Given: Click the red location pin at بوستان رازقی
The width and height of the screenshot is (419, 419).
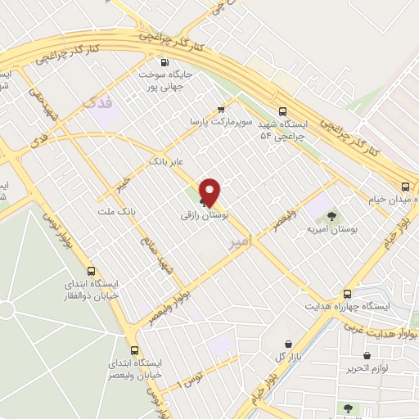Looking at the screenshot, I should [x=210, y=192].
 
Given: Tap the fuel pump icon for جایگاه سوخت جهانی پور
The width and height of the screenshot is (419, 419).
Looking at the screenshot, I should [x=165, y=62].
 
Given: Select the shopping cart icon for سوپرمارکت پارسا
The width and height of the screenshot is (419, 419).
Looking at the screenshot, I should [x=221, y=109].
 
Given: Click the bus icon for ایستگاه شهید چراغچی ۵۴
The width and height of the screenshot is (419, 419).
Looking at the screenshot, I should [x=283, y=112].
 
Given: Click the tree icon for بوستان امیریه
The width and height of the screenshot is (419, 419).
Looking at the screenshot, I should [x=331, y=217].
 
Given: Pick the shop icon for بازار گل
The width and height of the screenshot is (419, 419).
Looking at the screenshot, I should [x=288, y=345].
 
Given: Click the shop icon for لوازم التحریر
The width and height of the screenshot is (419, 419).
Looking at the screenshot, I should [x=366, y=356].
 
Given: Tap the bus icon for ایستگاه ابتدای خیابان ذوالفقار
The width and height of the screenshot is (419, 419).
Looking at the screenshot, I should [x=91, y=272].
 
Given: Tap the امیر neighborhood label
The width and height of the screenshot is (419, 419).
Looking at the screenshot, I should [x=237, y=242].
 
